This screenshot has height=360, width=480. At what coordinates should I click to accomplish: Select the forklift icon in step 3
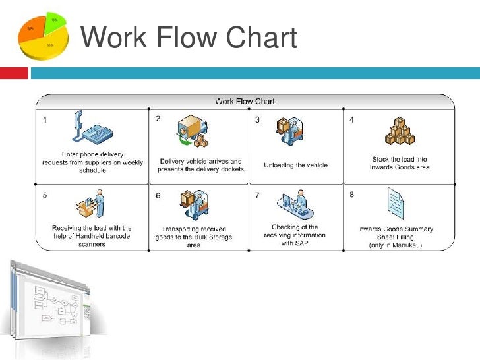click(x=287, y=134)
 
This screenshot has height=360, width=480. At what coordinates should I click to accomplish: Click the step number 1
click(x=44, y=121)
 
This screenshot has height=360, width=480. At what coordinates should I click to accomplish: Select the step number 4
click(x=351, y=120)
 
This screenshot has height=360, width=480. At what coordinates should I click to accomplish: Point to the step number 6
click(x=158, y=196)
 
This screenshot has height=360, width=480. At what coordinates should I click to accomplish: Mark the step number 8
click(x=351, y=195)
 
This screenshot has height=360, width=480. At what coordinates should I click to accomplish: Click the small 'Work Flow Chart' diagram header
click(x=245, y=101)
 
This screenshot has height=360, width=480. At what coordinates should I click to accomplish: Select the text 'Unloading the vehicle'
click(x=295, y=165)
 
